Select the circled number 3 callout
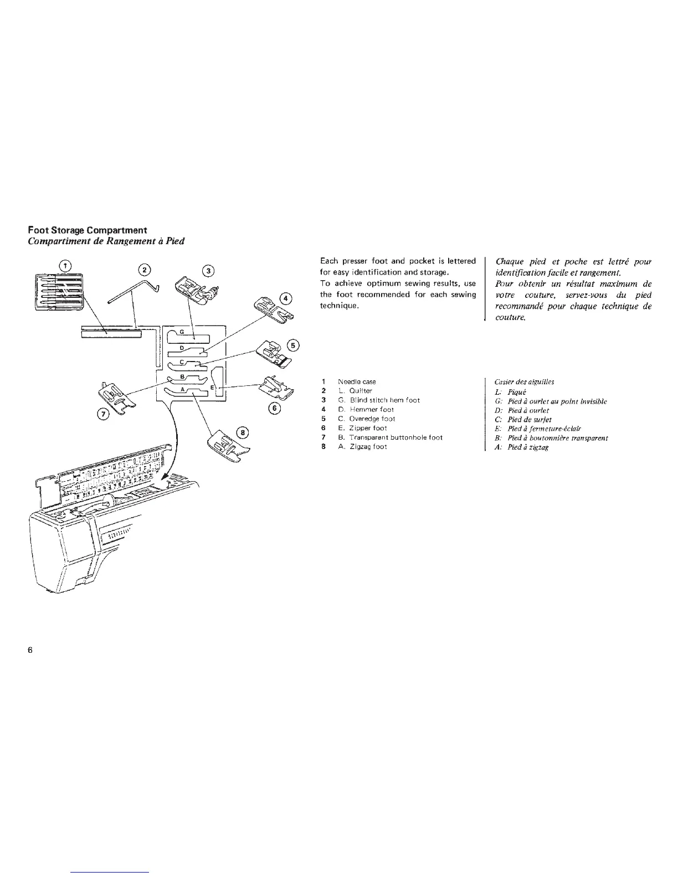coord(208,271)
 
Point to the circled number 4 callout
coord(286,298)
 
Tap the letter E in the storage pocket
coord(212,389)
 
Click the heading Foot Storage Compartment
coord(88,230)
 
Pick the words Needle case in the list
coord(357,381)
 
